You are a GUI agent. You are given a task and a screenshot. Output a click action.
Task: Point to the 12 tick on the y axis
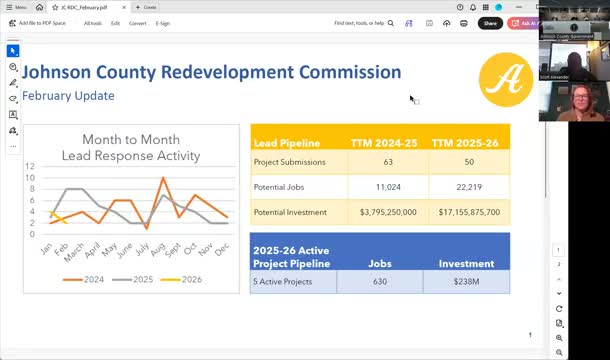[x=31, y=166]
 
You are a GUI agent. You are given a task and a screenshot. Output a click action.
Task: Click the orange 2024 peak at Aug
[x=162, y=179]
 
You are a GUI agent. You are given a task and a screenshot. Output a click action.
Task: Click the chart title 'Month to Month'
[x=131, y=140]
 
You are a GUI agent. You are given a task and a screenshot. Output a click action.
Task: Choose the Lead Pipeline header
[x=285, y=143]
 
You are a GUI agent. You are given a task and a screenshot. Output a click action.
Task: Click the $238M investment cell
[x=466, y=282]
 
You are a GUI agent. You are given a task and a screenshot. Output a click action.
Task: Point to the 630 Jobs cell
[x=380, y=282]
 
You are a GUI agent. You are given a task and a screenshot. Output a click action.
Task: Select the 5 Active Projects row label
[x=283, y=282]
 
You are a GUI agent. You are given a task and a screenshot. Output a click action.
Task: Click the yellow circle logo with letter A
[x=506, y=80]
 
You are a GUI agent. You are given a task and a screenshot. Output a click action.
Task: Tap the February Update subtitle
[x=68, y=96]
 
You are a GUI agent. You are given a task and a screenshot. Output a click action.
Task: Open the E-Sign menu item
[x=163, y=23]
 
